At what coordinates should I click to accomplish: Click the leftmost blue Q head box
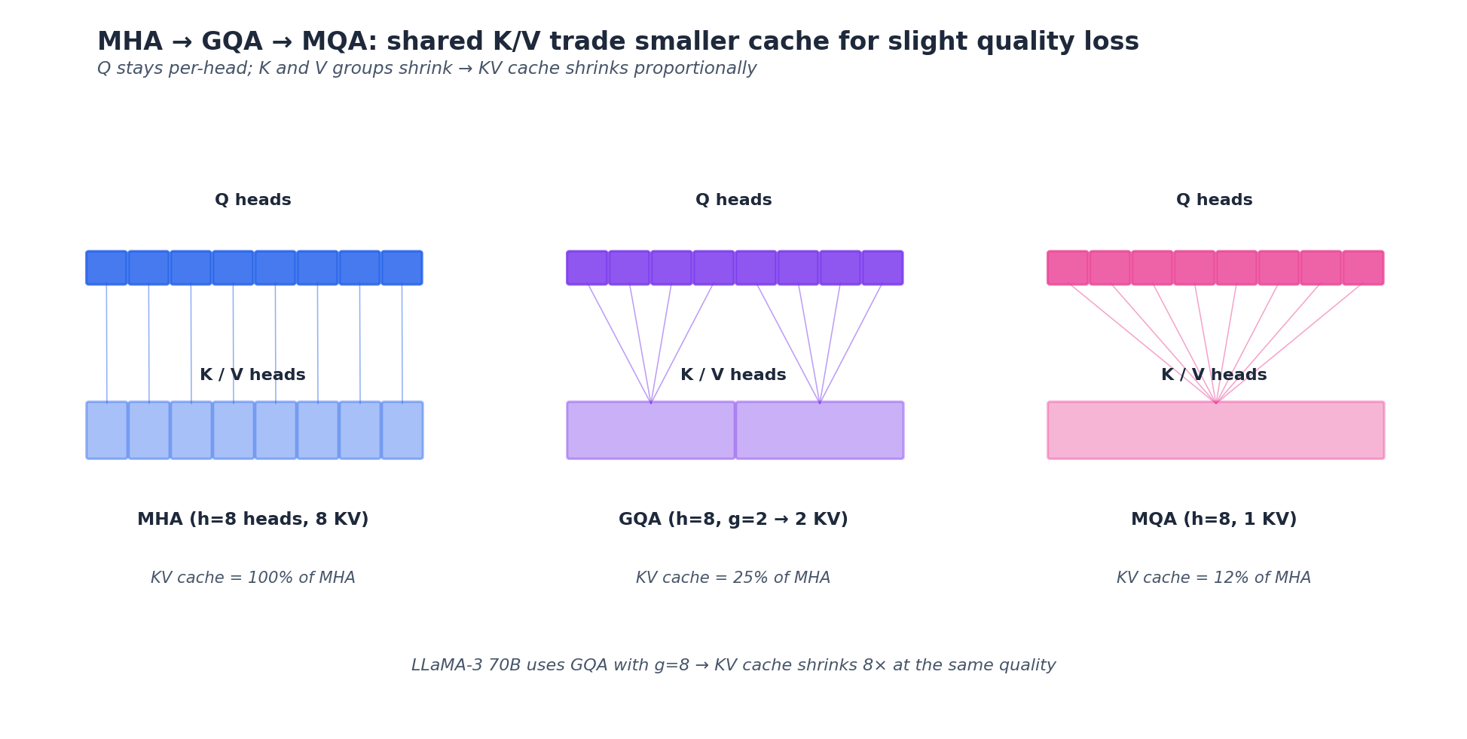click(x=106, y=268)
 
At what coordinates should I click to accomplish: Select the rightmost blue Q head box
click(x=402, y=268)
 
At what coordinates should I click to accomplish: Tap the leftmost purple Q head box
click(x=587, y=268)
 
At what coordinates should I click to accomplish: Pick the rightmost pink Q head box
click(x=1363, y=268)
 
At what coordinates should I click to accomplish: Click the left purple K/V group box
click(x=651, y=430)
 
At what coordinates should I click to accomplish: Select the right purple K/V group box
click(x=820, y=430)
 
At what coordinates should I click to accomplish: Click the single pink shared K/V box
click(x=1215, y=430)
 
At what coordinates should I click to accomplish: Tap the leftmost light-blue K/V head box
click(x=107, y=430)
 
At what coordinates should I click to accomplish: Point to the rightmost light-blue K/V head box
click(x=402, y=430)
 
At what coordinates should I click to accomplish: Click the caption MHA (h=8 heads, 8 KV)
click(x=253, y=520)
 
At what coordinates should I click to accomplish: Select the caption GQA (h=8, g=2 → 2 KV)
click(x=733, y=520)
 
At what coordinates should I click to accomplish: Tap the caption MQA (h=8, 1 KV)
click(x=1214, y=520)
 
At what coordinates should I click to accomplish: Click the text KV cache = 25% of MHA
click(x=733, y=578)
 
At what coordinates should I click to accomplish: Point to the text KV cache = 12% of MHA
click(x=1214, y=578)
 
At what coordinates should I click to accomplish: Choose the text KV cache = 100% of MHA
click(x=253, y=578)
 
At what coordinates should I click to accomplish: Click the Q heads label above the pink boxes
click(x=1214, y=201)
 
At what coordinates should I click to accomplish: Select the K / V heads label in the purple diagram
click(x=733, y=375)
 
